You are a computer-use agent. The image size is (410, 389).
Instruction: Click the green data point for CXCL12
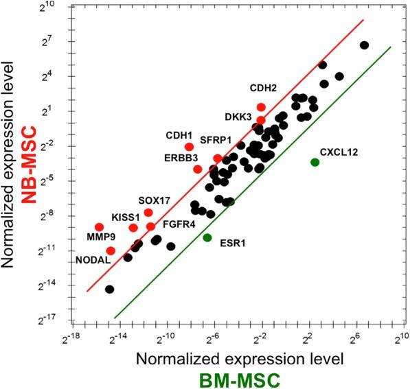point(315,162)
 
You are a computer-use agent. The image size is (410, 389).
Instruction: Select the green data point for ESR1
point(207,237)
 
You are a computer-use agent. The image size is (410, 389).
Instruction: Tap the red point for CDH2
point(261,107)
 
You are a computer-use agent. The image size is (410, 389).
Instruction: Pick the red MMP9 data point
point(99,227)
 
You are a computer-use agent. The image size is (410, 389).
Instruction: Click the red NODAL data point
point(111,251)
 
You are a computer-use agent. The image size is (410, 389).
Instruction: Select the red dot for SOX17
point(148,213)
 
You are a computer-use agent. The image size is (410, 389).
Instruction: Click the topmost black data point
point(365,45)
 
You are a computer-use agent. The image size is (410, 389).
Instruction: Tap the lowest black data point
point(109,290)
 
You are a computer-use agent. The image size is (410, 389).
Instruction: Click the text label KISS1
point(125,215)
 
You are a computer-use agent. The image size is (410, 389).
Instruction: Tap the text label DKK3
point(239,116)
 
